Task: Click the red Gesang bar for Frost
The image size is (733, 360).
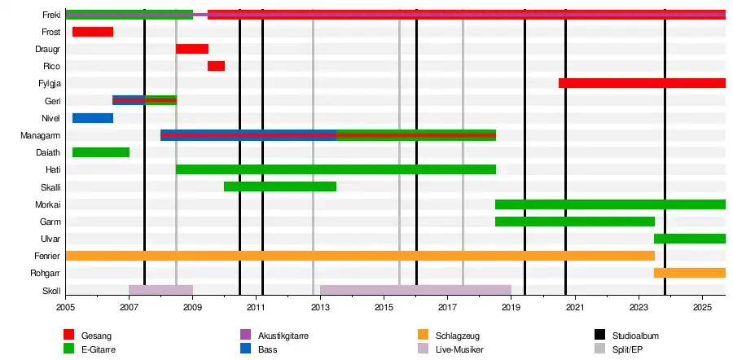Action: click(92, 32)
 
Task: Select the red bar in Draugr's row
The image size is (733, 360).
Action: click(192, 49)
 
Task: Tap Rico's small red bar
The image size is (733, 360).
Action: click(216, 66)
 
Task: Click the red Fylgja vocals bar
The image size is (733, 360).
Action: click(642, 83)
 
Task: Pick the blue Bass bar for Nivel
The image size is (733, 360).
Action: click(92, 118)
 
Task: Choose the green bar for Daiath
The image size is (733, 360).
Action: click(100, 152)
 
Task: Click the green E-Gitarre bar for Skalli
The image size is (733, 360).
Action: click(279, 187)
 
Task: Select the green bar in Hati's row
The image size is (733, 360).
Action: click(336, 169)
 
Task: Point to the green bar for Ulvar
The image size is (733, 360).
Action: click(689, 239)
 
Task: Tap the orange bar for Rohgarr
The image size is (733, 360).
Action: click(689, 273)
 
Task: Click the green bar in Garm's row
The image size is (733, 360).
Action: click(574, 222)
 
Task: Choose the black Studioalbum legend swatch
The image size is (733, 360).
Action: click(600, 335)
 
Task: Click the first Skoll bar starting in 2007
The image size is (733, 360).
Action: click(160, 290)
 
